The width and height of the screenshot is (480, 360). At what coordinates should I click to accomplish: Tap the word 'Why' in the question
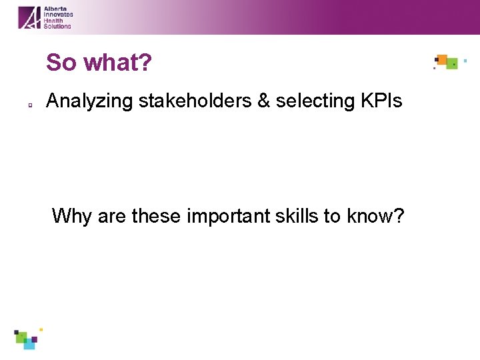click(x=72, y=216)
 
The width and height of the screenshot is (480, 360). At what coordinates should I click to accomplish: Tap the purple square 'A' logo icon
click(x=29, y=17)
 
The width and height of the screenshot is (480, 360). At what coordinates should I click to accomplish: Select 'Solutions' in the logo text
click(x=57, y=26)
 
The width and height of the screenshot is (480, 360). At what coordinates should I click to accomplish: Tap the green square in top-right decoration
click(x=452, y=64)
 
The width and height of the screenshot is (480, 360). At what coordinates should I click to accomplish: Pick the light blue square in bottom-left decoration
click(x=29, y=345)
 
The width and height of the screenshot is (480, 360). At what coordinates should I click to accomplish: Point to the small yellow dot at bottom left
click(x=41, y=329)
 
